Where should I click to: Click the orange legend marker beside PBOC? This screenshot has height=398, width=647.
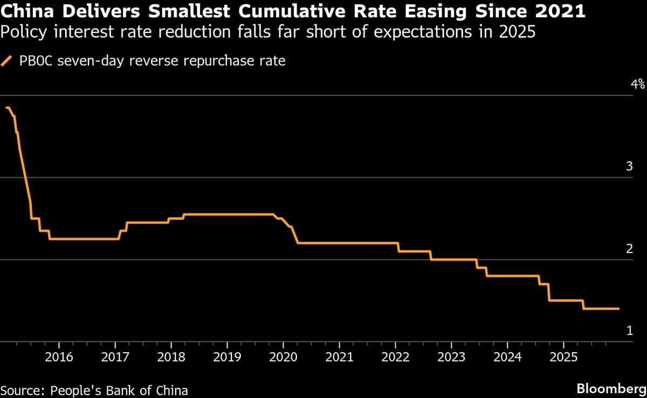pos(8,61)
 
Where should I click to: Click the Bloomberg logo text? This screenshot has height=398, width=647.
pos(610,388)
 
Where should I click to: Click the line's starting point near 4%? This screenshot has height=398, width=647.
pos(6,108)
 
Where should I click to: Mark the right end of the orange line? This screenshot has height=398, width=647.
pos(618,309)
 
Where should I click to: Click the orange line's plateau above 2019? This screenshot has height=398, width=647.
pos(227,214)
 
